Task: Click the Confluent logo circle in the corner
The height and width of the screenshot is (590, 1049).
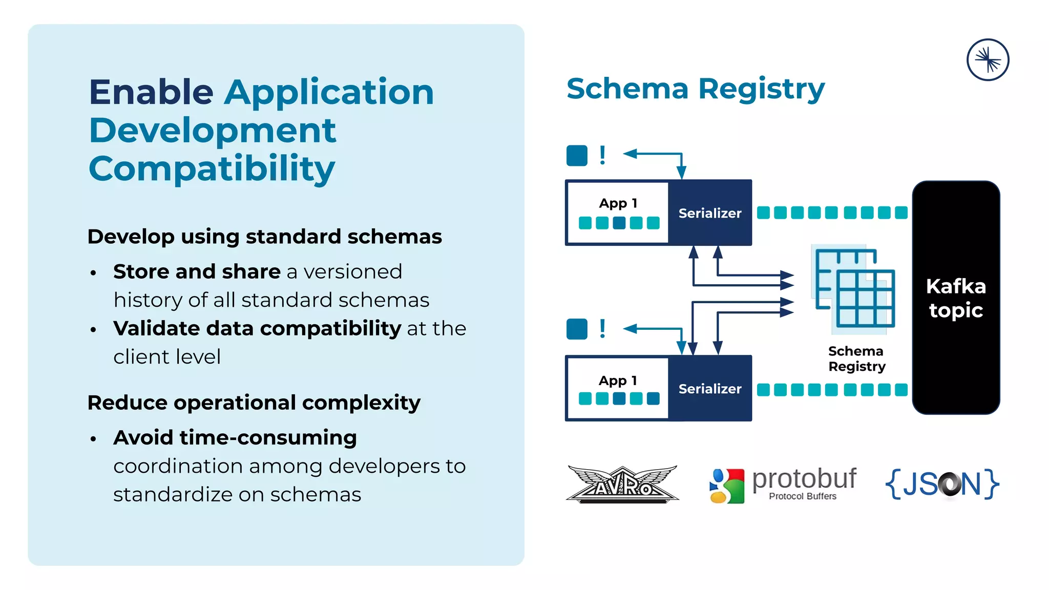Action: pos(988,60)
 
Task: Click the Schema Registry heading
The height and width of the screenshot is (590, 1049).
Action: pos(695,89)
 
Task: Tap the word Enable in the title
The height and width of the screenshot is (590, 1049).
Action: pos(151,92)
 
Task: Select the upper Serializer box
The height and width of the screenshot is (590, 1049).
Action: pos(710,213)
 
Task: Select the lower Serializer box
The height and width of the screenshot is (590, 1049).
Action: pos(710,389)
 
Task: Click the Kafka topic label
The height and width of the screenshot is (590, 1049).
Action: pos(956,298)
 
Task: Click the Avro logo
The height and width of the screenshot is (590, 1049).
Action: pos(622,484)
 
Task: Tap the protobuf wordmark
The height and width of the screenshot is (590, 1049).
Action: pos(804,478)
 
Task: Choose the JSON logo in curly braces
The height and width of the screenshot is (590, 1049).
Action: pos(942,483)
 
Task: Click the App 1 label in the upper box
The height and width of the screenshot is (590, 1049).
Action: pos(618,203)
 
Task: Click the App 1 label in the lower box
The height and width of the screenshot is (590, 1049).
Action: pos(618,381)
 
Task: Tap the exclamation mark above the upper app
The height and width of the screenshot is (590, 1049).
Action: pos(602,155)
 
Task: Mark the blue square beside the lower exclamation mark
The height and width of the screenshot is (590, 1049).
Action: pos(577,329)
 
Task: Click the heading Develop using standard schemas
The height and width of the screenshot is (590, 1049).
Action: pos(264,237)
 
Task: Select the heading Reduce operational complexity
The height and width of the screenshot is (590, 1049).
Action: pos(254,403)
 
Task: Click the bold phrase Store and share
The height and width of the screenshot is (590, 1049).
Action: pos(197,271)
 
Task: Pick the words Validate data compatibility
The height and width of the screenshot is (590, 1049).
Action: pos(257,328)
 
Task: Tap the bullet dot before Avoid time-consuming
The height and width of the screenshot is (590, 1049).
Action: pos(93,439)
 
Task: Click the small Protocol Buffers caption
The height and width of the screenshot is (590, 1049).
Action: pos(802,496)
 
